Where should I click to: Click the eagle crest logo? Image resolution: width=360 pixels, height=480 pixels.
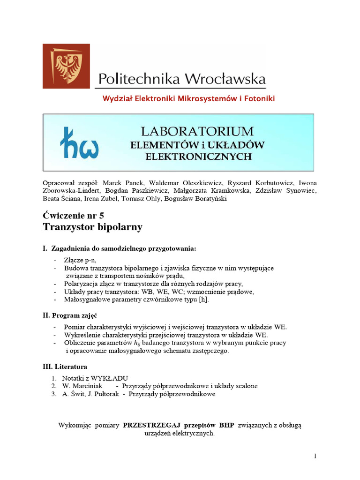pos(66,66)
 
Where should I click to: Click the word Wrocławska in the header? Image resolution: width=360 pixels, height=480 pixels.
pos(225,78)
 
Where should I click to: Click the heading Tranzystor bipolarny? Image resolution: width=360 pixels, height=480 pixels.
pos(92,227)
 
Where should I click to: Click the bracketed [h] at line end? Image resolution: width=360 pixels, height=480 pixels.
pos(203,300)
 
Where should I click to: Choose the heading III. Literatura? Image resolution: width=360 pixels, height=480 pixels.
pos(65,366)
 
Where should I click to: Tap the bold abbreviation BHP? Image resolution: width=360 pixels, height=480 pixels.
pos(226,426)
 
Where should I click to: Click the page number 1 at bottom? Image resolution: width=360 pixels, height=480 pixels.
pos(315,456)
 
